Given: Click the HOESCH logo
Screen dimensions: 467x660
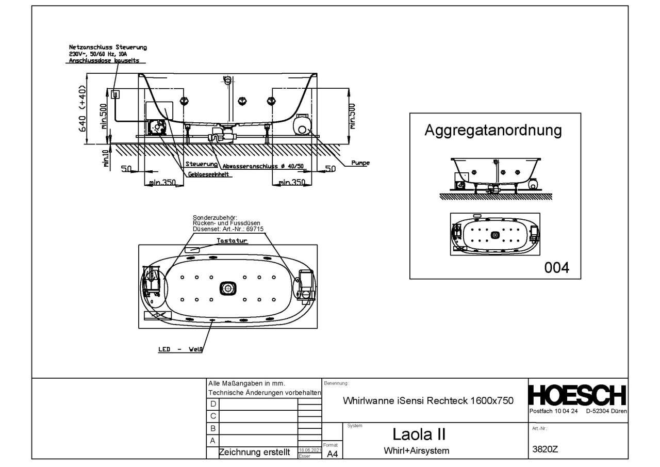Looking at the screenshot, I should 578,396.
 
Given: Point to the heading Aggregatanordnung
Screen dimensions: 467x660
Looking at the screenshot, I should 492,130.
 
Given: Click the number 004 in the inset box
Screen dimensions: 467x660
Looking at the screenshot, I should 557,268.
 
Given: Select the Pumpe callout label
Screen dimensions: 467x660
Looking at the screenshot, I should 360,163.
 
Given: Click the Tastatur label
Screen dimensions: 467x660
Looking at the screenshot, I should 232,241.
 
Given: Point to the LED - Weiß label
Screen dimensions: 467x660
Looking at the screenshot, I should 180,349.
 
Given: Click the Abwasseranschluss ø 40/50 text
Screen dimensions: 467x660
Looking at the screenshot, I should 263,167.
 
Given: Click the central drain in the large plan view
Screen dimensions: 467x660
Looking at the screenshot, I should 227,288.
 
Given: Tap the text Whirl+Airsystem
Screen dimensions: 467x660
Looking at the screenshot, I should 416,450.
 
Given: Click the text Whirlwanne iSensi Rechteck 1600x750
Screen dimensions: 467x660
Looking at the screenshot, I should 427,401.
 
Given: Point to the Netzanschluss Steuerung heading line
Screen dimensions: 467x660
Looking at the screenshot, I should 107,47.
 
